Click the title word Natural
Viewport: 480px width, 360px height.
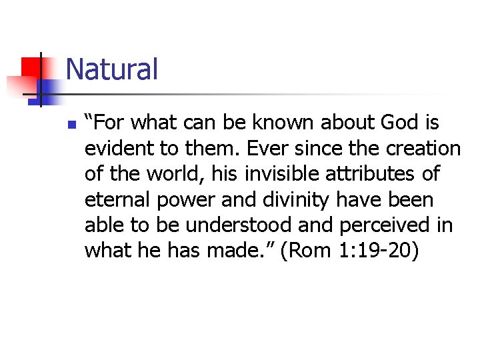[x=112, y=69]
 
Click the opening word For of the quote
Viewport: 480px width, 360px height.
[x=111, y=123]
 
